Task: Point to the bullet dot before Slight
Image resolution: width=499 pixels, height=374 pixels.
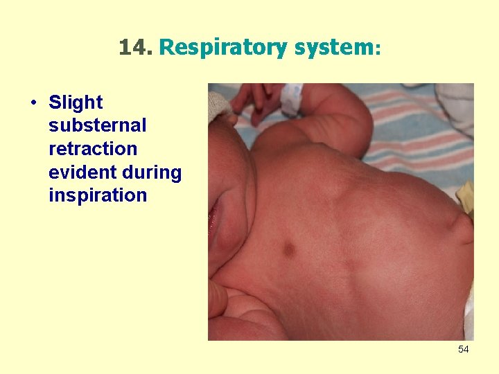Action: tap(33, 103)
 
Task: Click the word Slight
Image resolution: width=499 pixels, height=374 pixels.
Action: tap(76, 103)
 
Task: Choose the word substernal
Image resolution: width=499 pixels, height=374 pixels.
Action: tap(98, 125)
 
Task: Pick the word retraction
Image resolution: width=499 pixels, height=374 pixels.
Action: tap(93, 149)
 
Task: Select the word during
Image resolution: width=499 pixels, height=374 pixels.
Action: tap(153, 172)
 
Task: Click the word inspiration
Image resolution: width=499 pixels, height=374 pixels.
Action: tap(98, 195)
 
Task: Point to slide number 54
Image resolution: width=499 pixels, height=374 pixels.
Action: tap(463, 349)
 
